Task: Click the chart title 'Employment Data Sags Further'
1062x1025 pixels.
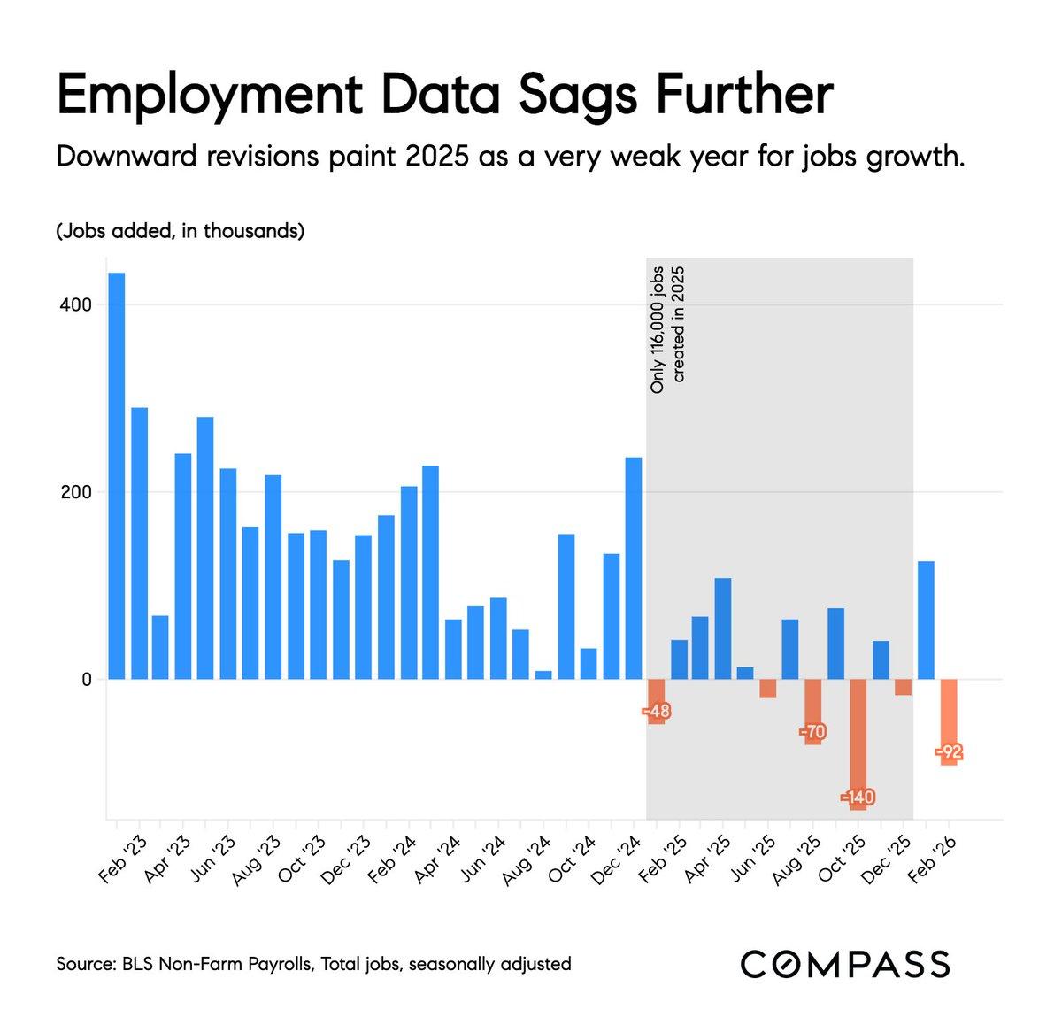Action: point(444,96)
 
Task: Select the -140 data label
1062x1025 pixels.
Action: point(858,797)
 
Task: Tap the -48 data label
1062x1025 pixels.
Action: point(656,711)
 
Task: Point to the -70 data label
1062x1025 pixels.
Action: point(812,732)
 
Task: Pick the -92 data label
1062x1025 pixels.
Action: point(949,752)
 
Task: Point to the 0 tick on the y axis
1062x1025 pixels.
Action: point(87,680)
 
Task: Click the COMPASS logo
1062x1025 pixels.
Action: point(845,964)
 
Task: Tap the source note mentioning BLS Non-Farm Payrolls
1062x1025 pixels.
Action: point(313,964)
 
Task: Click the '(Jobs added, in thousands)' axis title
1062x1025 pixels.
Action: point(181,232)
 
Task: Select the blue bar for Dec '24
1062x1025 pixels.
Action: point(634,568)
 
